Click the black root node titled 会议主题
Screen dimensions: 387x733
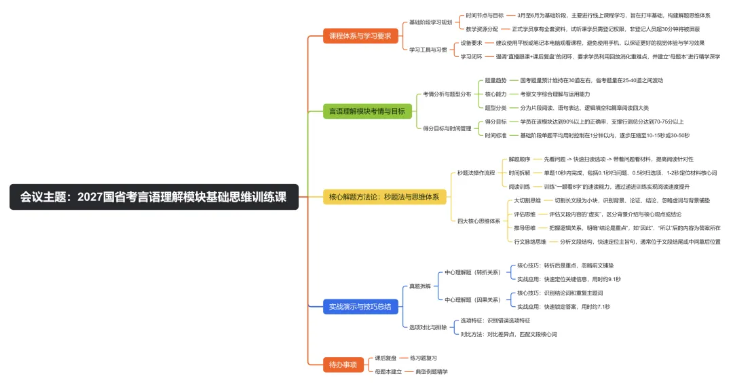coord(154,197)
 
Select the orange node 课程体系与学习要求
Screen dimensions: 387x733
coord(360,36)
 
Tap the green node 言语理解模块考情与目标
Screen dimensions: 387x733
coord(366,111)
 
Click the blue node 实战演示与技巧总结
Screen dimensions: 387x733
coord(360,307)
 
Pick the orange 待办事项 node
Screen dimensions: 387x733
coord(342,365)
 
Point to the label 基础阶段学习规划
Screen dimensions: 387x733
coord(430,22)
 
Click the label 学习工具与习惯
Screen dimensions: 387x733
coord(428,50)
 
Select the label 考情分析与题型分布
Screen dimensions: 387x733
coord(447,94)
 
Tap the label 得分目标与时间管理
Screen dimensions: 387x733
coord(447,128)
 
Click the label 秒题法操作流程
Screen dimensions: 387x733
coord(476,173)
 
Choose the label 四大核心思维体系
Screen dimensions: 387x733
coord(478,221)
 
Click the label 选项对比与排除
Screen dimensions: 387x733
coord(428,327)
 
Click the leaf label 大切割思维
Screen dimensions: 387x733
coord(527,200)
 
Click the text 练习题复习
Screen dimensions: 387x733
coord(423,357)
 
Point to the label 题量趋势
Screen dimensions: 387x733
coord(495,80)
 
